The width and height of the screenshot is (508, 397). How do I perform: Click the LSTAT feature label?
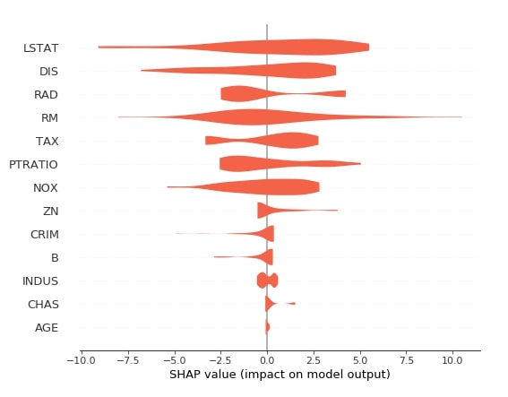(41, 48)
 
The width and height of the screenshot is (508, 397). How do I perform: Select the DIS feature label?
(48, 72)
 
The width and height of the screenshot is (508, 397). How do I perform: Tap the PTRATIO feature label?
(33, 165)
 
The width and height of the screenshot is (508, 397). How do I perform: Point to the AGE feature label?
(47, 328)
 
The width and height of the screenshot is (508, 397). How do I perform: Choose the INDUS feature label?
(40, 281)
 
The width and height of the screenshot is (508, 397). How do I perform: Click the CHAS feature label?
(43, 305)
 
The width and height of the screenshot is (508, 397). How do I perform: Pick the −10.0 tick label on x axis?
(81, 360)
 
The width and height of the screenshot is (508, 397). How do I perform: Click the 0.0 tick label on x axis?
(267, 360)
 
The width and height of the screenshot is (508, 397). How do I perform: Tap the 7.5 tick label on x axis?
(406, 360)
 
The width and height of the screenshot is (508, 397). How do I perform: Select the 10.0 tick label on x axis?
(452, 360)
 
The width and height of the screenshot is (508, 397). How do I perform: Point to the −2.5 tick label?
(220, 360)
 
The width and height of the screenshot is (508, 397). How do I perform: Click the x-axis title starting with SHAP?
(280, 375)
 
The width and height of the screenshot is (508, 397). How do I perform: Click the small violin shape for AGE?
(267, 327)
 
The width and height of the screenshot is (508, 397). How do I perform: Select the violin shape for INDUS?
(267, 280)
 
